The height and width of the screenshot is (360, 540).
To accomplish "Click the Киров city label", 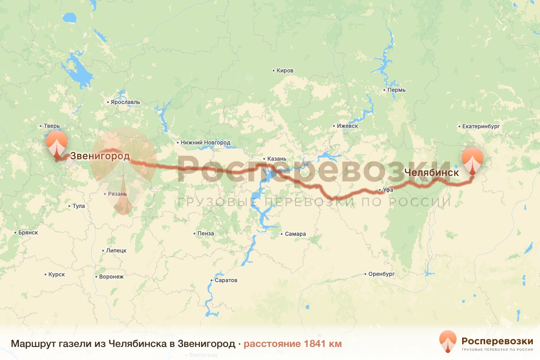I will (x=285, y=71).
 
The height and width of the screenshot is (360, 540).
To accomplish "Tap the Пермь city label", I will (x=396, y=90).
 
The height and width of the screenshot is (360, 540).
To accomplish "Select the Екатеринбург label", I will (x=481, y=127).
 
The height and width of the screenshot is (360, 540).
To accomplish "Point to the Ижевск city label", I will (x=347, y=126).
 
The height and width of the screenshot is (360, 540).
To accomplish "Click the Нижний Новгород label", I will (x=205, y=143).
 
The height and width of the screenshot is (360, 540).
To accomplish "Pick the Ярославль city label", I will (x=126, y=102).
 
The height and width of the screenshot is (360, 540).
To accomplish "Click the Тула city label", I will (x=78, y=206).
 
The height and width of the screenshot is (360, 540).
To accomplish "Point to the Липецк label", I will (x=116, y=251).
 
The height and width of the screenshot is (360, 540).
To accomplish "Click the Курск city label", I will (x=56, y=274).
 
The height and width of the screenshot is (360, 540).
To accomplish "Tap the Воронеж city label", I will (x=111, y=277).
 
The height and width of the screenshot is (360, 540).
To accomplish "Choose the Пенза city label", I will (x=206, y=234).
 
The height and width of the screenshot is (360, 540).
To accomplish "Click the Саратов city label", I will (x=225, y=280).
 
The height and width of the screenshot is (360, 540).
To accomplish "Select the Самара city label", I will (x=295, y=234).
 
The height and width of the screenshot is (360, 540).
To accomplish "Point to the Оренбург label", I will (x=381, y=274).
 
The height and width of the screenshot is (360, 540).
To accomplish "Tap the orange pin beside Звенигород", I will (x=56, y=145).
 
